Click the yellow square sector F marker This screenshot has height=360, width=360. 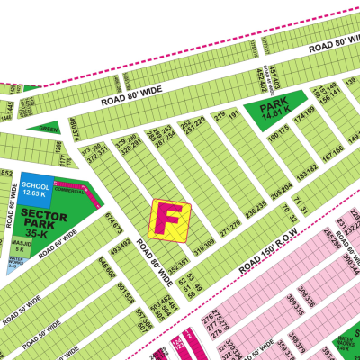point(170,220)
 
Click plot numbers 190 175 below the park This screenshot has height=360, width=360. point(278,137)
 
